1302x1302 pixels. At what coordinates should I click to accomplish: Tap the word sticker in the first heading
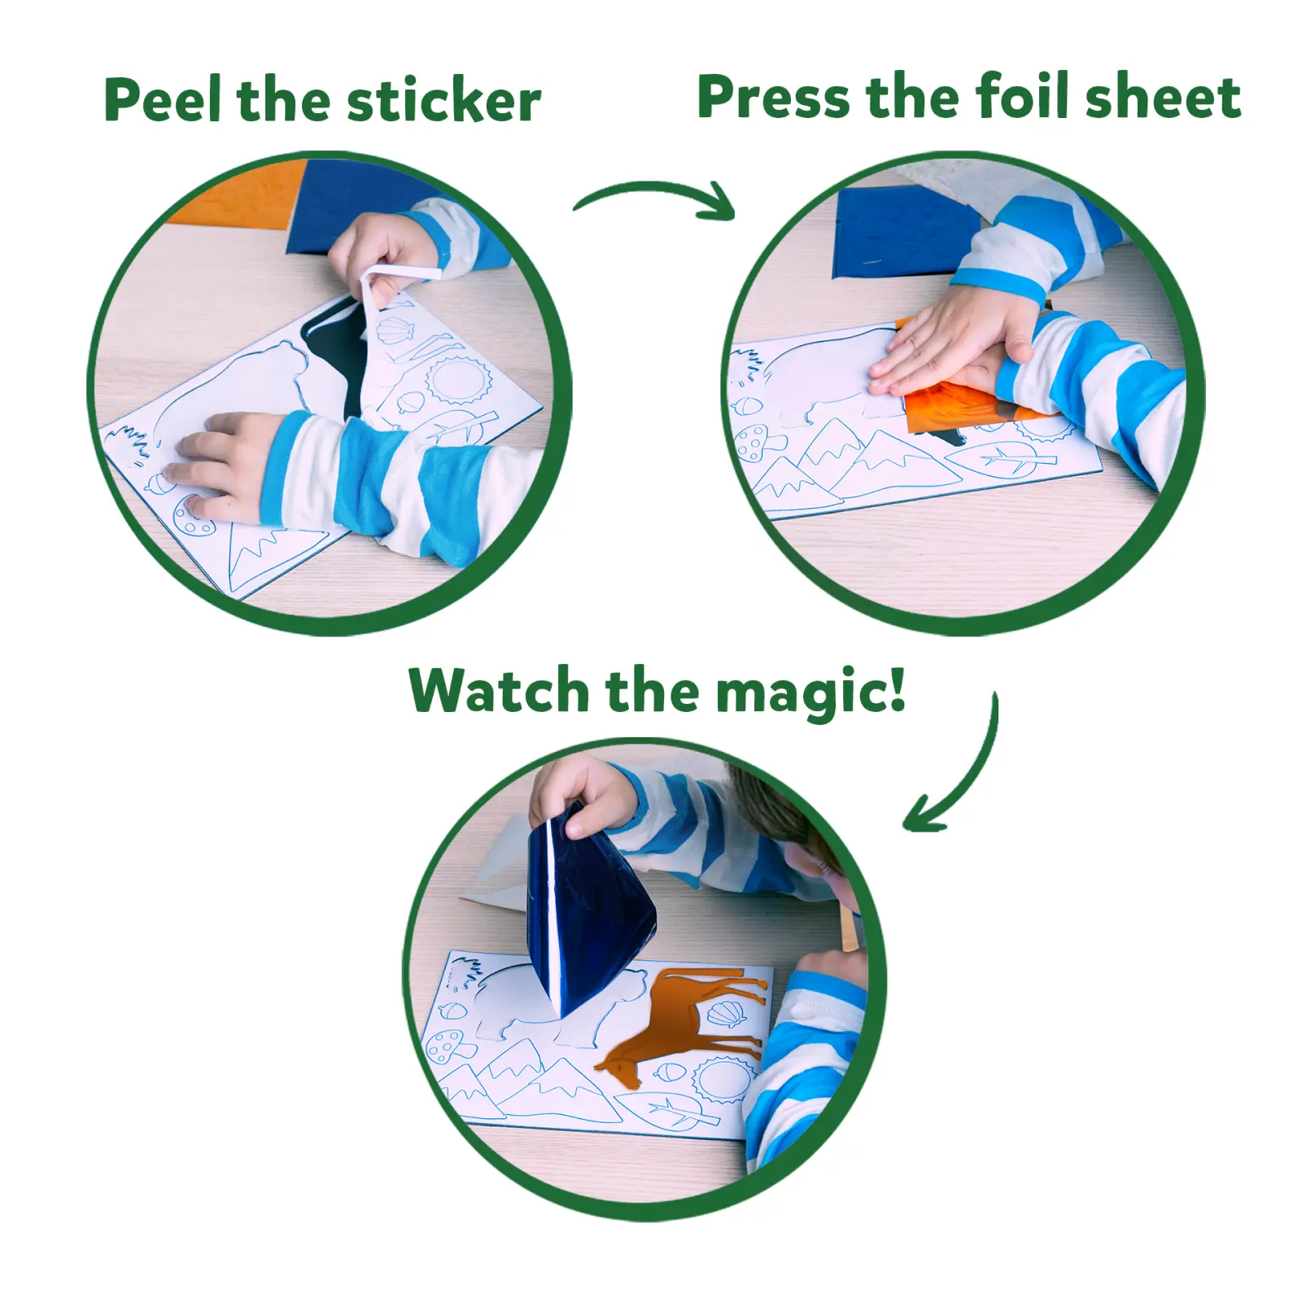coord(443,101)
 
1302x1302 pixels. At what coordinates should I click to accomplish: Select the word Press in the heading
coord(773,98)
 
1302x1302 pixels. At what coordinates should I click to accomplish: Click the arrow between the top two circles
coord(656,199)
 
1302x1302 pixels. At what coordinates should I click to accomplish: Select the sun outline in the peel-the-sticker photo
coord(459,380)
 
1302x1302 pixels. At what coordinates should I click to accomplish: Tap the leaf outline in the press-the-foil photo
coord(1009,461)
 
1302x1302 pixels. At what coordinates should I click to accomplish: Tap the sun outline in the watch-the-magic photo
coord(721,1078)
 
